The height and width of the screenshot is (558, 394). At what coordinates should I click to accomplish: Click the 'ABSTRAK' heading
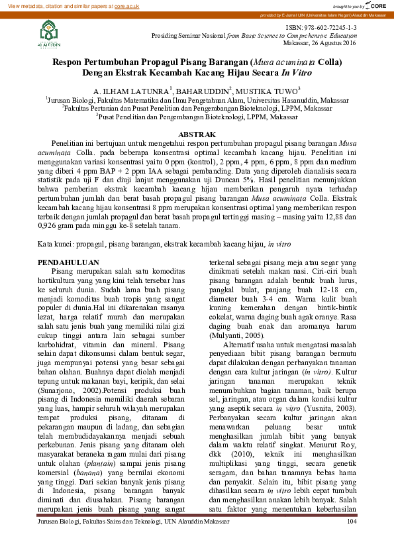coord(197,135)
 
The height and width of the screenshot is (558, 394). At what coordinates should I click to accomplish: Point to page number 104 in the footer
coord(352,541)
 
